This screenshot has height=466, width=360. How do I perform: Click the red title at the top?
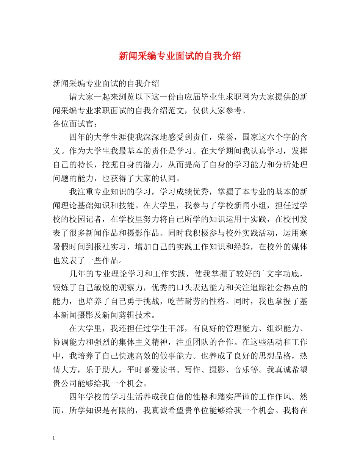(x=180, y=56)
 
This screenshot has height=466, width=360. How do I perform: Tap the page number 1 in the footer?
(x=54, y=438)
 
